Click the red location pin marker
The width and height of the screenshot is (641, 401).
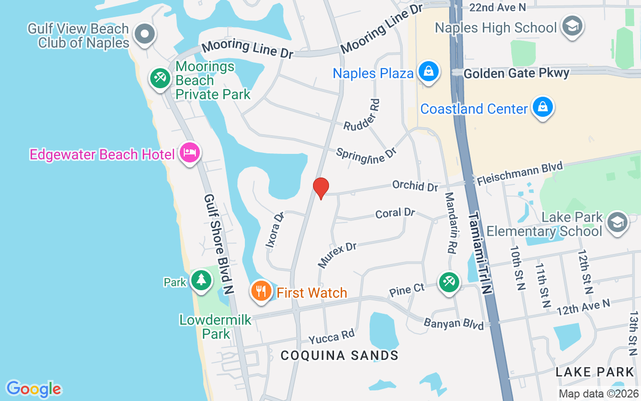320,188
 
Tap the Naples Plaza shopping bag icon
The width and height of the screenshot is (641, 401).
429,72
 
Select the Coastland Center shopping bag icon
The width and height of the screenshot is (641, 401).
542,107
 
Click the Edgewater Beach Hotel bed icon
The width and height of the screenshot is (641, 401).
190,152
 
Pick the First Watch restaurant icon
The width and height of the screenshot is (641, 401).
261,291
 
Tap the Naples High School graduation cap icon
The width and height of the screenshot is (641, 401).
571,26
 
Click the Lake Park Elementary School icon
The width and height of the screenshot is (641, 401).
617,223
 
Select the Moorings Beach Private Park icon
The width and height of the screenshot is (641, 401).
160,78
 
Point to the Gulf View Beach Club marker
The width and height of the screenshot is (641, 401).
145,34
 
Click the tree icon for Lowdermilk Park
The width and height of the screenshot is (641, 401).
201,280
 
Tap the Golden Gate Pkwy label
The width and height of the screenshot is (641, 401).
516,74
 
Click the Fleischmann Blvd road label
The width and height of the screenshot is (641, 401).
520,173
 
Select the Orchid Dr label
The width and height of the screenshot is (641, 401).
415,185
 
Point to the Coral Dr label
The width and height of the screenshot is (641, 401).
395,213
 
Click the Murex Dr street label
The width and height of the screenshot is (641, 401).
337,255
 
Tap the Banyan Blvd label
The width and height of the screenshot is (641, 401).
454,324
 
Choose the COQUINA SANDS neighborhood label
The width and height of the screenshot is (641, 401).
340,355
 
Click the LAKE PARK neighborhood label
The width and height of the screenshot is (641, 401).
595,372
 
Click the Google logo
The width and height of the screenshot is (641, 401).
34,389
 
